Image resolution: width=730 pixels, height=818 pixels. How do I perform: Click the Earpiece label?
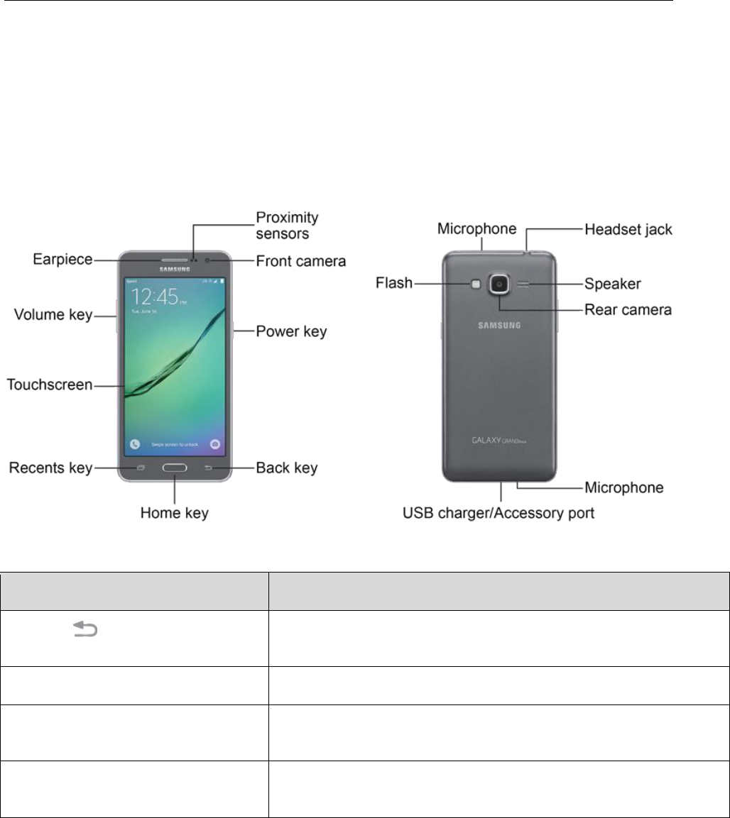click(62, 260)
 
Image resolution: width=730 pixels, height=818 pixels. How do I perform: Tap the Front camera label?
click(301, 262)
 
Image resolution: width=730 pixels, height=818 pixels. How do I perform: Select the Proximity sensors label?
click(287, 224)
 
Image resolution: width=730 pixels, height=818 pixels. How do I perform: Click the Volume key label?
click(55, 315)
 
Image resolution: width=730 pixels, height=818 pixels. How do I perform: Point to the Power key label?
click(291, 332)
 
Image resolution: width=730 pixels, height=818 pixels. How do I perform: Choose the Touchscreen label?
click(50, 385)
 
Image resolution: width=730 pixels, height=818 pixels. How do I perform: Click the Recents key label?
click(50, 468)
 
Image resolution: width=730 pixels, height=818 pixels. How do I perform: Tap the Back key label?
click(286, 468)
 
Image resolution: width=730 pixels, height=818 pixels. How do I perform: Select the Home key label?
click(175, 512)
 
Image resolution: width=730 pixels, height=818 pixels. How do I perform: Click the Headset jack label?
click(628, 230)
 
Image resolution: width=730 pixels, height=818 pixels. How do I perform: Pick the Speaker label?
click(613, 284)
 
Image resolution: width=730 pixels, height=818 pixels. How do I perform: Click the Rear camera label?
click(628, 310)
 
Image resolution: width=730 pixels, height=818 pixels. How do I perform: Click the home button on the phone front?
click(175, 468)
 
